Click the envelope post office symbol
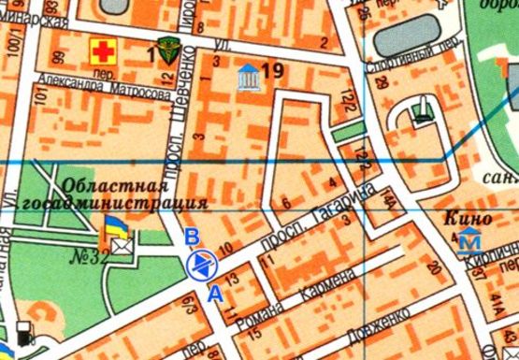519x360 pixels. click(x=123, y=245)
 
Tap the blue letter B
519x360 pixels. click(x=191, y=236)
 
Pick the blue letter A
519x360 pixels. click(x=214, y=293)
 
